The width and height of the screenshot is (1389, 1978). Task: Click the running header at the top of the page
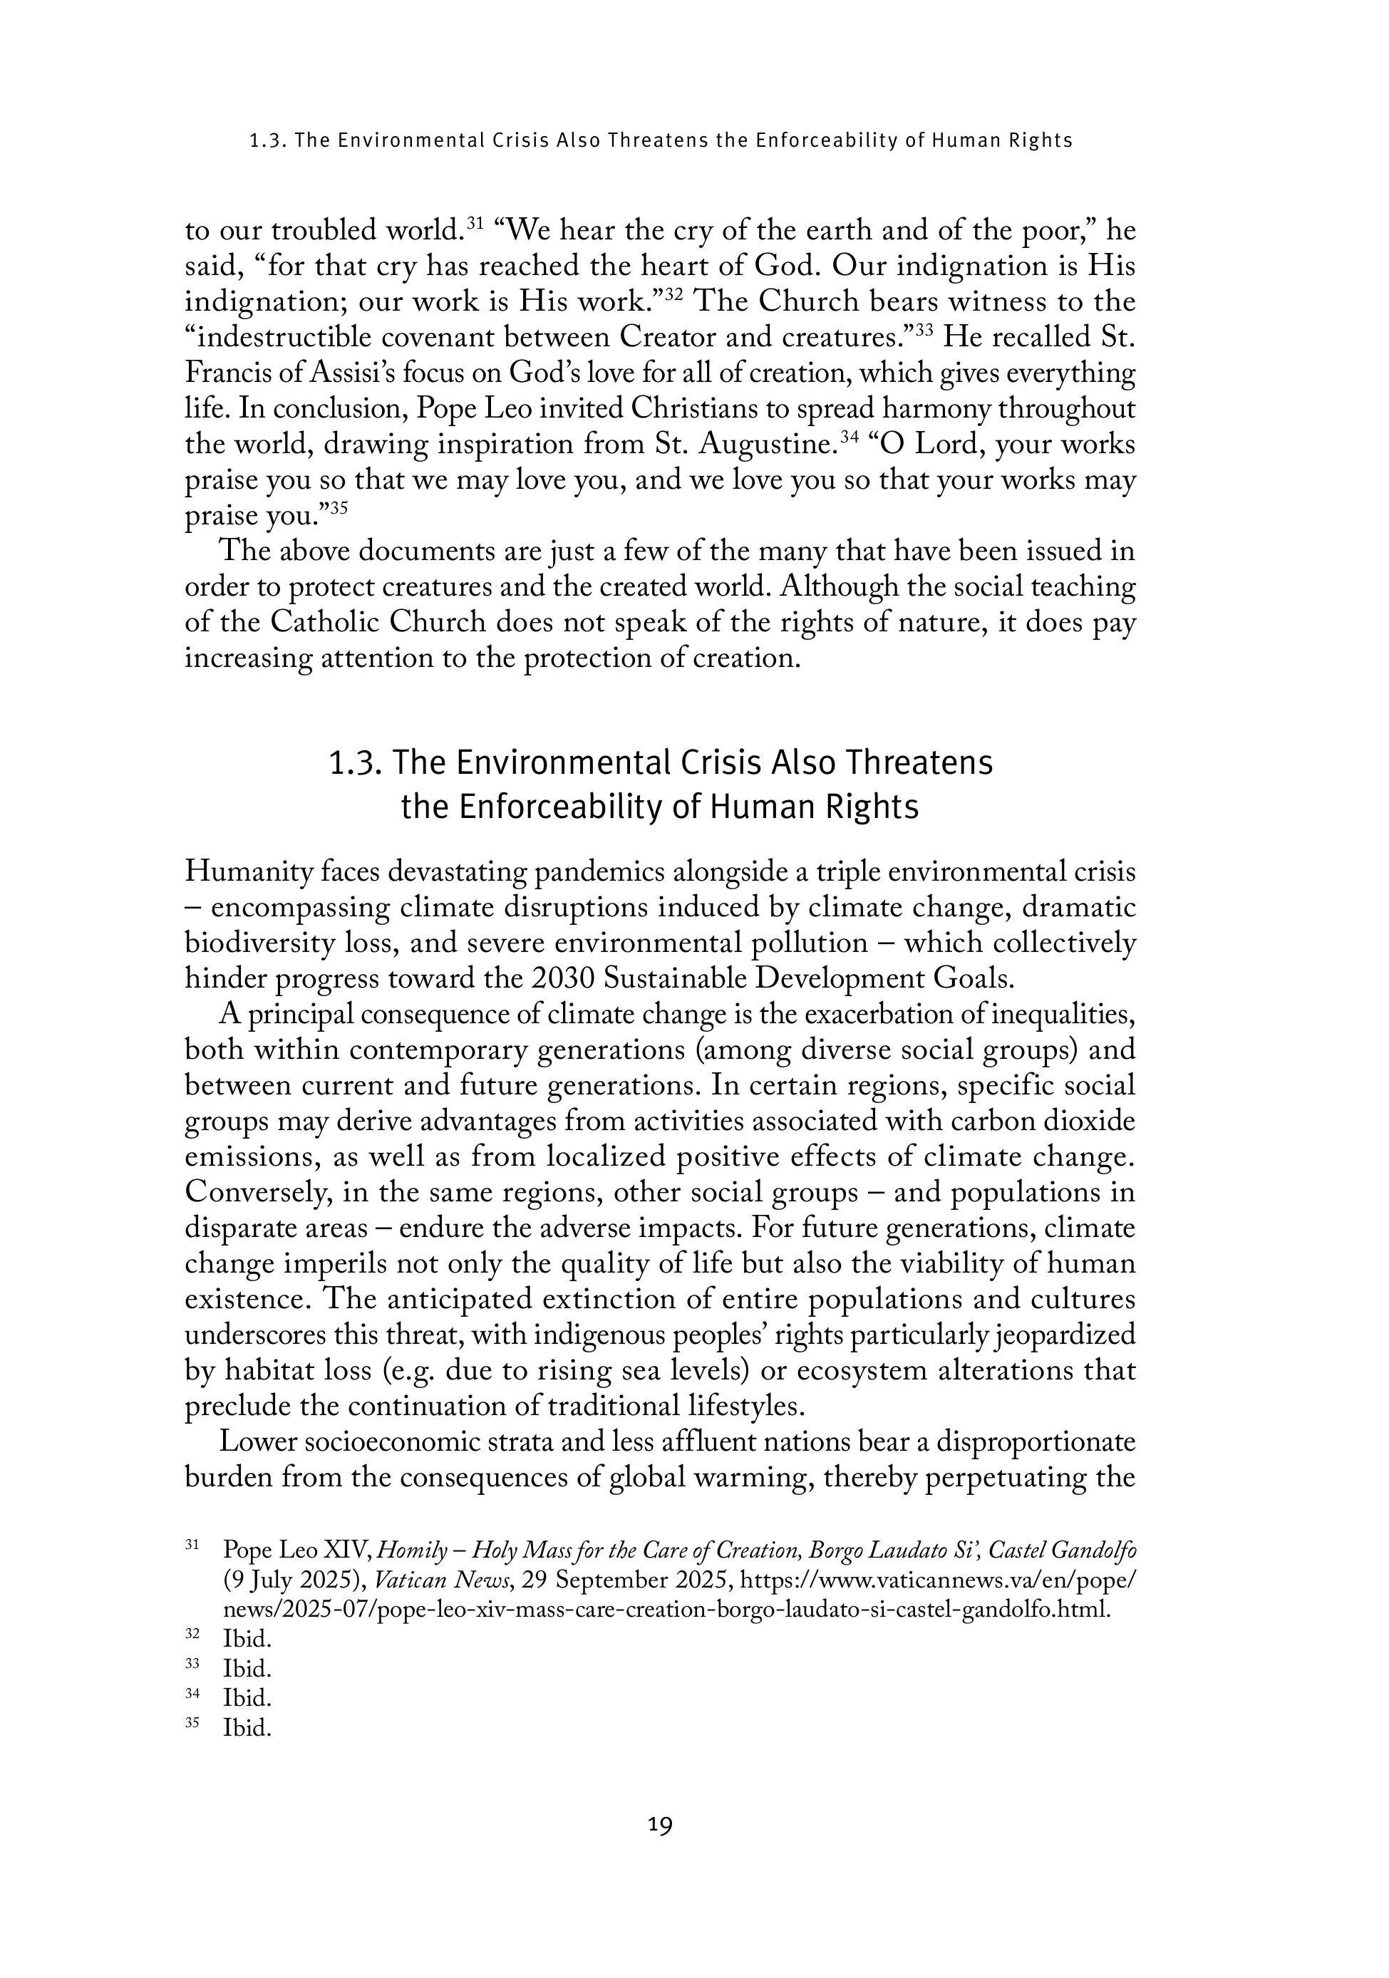coord(660,140)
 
